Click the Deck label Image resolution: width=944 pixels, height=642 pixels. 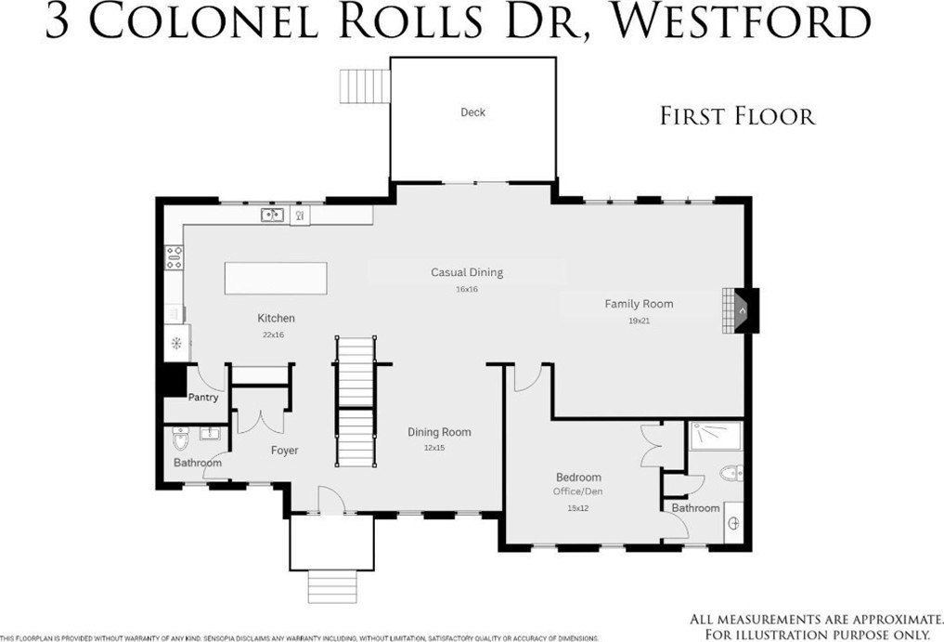pos(472,112)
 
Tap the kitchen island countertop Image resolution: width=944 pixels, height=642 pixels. pos(277,278)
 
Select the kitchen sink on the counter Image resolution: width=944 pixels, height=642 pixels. pos(272,216)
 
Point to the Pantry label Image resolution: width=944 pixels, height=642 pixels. pos(203,398)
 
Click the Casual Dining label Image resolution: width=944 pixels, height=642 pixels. pos(466,272)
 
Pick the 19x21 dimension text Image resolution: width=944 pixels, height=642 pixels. pos(639,321)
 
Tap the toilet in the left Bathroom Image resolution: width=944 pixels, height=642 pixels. pos(181,438)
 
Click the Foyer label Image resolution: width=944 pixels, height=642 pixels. pos(284,451)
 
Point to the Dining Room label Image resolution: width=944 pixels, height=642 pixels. pos(439,432)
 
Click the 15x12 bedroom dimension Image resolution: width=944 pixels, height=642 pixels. pos(578,508)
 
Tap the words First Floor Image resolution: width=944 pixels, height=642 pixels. pos(737,116)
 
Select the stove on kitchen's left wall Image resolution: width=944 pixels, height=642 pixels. pos(173,256)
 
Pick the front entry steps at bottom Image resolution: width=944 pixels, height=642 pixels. pos(330,586)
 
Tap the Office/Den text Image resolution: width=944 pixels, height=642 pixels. pos(578,491)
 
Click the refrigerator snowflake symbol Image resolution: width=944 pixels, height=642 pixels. pos(175,343)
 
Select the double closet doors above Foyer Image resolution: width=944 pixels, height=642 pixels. pos(262,418)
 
